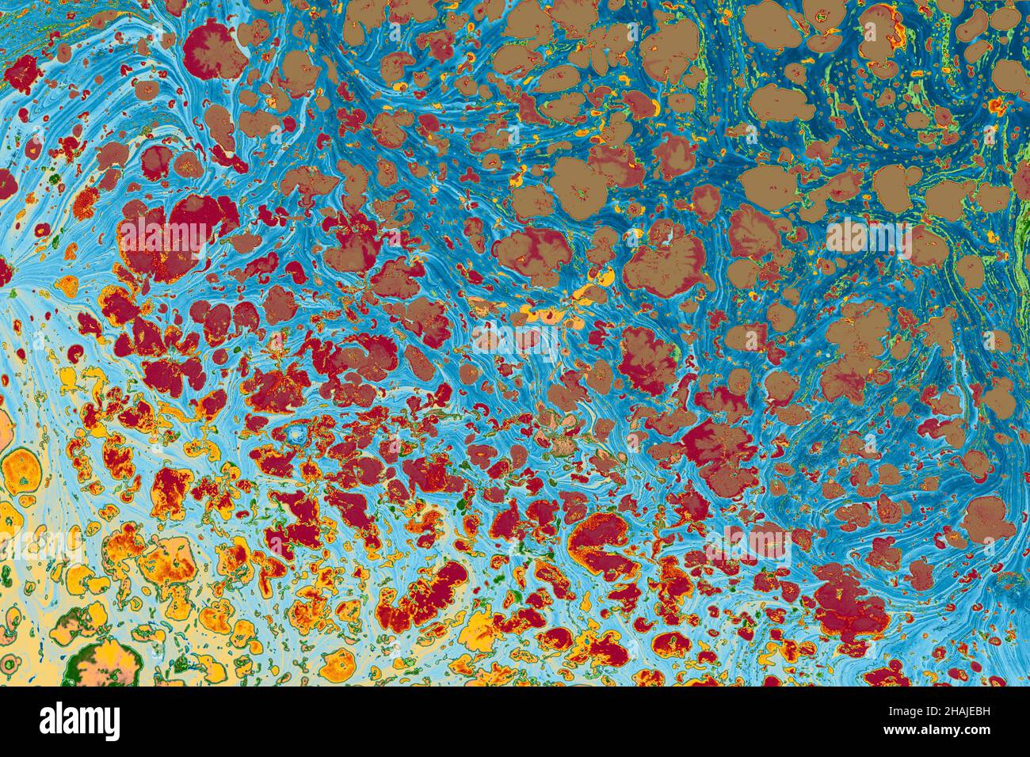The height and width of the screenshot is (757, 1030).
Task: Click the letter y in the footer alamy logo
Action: coord(113,725)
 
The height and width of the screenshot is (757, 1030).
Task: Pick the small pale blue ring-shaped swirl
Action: coord(299,435)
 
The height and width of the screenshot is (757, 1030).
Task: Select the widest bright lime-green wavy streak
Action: coord(1014,253)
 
